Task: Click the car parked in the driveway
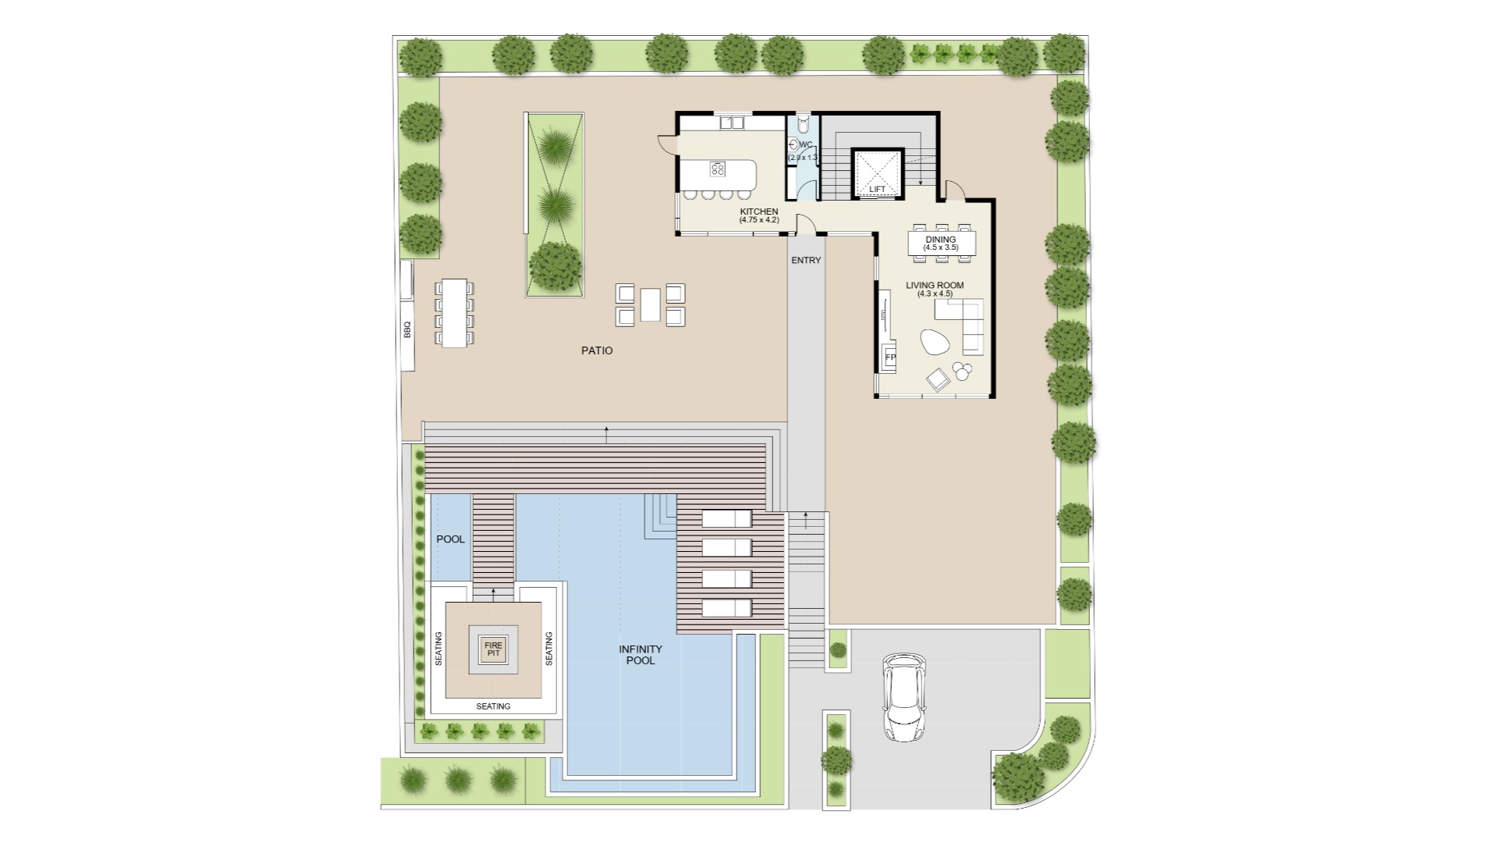(904, 697)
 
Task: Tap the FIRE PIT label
(493, 649)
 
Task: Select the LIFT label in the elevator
(878, 190)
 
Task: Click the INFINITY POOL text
(641, 655)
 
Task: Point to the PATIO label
(597, 350)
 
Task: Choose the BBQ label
(407, 329)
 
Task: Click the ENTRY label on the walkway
(806, 261)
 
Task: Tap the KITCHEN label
(759, 212)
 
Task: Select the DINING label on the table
(940, 240)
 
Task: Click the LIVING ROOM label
(935, 286)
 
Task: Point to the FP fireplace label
(890, 357)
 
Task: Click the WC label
(806, 145)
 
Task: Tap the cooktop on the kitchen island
(719, 169)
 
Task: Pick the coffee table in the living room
(935, 342)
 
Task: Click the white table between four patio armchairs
(650, 304)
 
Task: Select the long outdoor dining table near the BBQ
(454, 312)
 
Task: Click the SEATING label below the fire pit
(493, 706)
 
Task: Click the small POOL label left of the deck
(450, 539)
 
